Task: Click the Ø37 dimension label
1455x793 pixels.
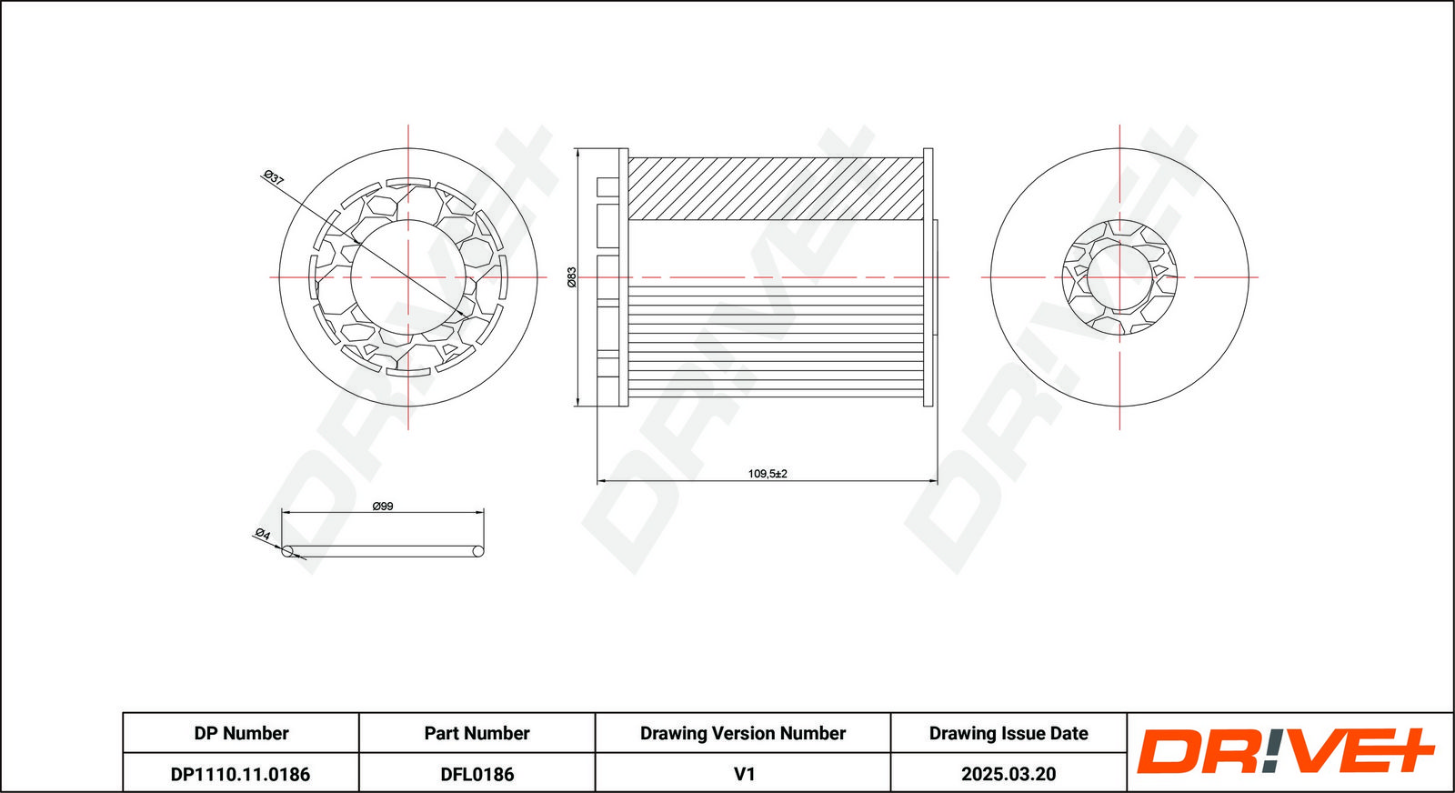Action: [x=274, y=178]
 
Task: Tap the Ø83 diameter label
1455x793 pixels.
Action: [x=572, y=276]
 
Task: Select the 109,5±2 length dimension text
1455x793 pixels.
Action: [x=768, y=474]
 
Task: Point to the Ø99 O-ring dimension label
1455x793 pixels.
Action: [x=383, y=506]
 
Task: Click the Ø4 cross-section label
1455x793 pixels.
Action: [x=263, y=534]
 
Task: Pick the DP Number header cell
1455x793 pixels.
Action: [x=241, y=733]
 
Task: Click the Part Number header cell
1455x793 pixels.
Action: [x=477, y=733]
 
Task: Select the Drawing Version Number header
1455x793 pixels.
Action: [x=742, y=733]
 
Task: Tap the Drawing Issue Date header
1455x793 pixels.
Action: [x=1008, y=733]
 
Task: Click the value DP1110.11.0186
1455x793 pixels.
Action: [x=240, y=774]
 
